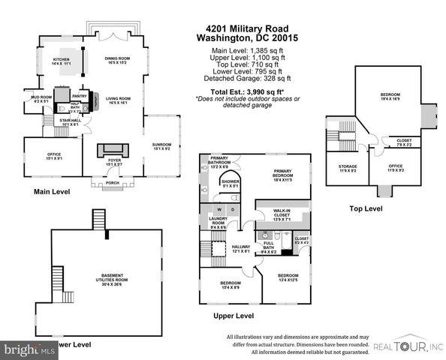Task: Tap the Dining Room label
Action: (118, 60)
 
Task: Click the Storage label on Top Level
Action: (347, 168)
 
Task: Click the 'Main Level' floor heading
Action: (52, 192)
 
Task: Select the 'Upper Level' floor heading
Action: (234, 315)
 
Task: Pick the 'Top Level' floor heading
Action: (368, 208)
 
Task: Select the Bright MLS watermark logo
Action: (29, 349)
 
